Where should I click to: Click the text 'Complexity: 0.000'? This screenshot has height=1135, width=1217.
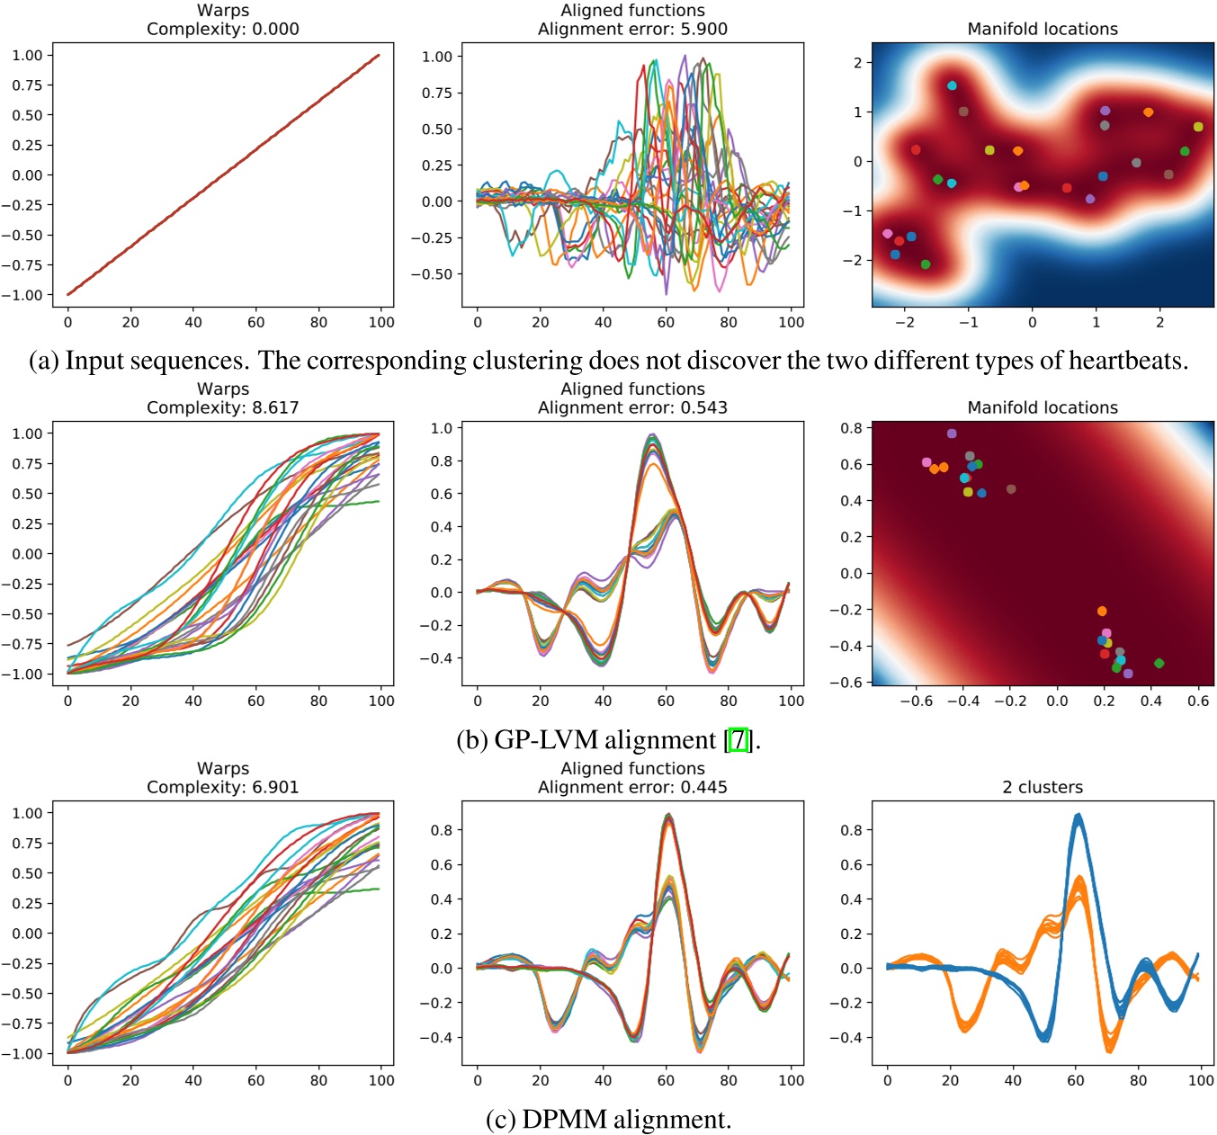[x=222, y=29]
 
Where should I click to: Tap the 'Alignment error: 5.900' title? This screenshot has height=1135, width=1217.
[x=632, y=29]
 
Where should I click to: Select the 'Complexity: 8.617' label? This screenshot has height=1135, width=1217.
[x=222, y=407]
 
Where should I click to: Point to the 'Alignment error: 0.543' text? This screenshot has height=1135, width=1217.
[x=632, y=407]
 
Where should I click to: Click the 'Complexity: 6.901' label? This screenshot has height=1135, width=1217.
[x=222, y=787]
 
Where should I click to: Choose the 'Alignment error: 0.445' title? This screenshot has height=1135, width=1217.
[x=632, y=787]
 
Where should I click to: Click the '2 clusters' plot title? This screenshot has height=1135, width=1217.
[x=1043, y=787]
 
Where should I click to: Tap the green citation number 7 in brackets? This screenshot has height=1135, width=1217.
[x=738, y=739]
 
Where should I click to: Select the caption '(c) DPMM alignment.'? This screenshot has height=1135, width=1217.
[x=608, y=1119]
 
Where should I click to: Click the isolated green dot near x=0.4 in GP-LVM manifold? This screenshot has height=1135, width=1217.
[x=1159, y=663]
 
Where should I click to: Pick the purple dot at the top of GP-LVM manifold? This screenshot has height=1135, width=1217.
[x=952, y=433]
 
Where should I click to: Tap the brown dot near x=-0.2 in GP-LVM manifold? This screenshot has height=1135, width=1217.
[x=1011, y=489]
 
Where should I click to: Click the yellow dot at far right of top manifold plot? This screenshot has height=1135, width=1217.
[x=1198, y=127]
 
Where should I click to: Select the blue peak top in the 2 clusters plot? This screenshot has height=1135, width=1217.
[x=1078, y=816]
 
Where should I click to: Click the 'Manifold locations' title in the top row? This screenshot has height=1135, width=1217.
[x=1043, y=29]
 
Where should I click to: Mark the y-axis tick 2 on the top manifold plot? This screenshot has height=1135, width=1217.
[x=857, y=62]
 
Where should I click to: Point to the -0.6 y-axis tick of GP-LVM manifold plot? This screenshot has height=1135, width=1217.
[x=851, y=682]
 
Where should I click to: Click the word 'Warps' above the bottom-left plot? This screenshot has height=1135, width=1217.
[x=222, y=768]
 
